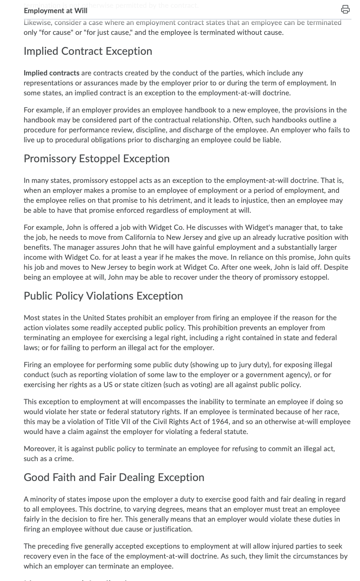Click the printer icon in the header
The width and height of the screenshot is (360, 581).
(345, 10)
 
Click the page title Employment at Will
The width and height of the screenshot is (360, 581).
(55, 11)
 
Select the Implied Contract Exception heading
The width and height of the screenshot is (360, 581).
(88, 51)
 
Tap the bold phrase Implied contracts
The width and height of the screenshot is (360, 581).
(51, 73)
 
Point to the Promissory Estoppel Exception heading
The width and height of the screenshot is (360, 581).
(96, 159)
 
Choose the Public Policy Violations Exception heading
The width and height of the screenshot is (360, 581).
(103, 296)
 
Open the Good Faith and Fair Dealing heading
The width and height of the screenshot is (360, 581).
(114, 477)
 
